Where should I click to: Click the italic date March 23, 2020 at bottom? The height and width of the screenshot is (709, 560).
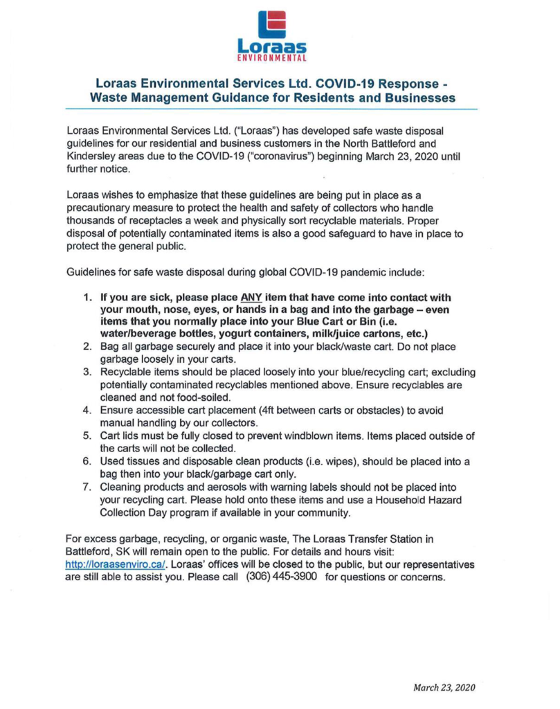click(443, 688)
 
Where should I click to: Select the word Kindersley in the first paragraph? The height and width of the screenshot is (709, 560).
click(91, 156)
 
